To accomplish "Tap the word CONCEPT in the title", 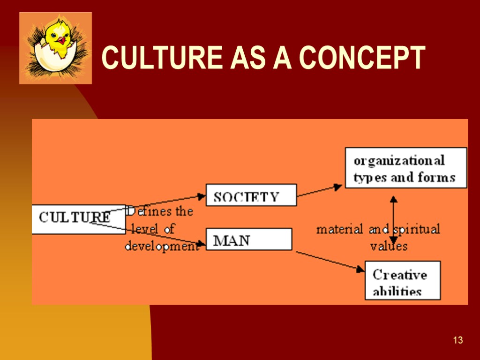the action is (361, 58).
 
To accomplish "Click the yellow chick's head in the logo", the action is (57, 33).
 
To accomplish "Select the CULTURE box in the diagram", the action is (75, 218).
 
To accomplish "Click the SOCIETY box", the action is (251, 195).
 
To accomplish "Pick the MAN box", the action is (248, 239).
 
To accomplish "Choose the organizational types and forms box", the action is (405, 168).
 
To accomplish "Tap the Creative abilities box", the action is (402, 280).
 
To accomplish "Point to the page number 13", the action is (458, 340).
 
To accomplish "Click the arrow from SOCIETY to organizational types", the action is (320, 190).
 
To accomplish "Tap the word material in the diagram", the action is (340, 230).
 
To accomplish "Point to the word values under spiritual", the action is (389, 246).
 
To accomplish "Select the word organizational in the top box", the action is (399, 161).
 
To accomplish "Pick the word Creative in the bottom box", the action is (399, 274).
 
